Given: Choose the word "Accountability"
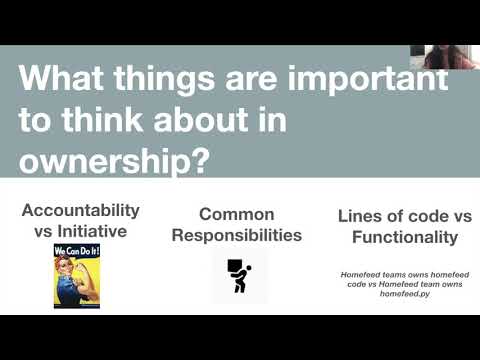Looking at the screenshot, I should [x=81, y=211].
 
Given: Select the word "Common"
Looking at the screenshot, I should [x=237, y=214].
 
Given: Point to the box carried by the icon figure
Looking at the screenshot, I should [x=234, y=267].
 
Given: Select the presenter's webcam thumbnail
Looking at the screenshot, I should [x=451, y=56].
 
